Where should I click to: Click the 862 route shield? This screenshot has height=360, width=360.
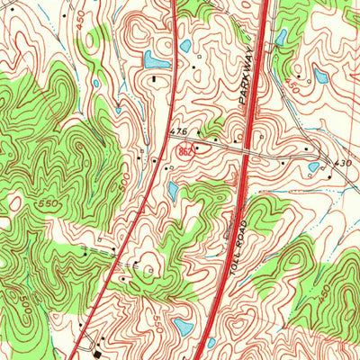coord(184,153)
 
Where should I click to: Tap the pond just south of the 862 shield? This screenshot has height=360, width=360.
coord(174,191)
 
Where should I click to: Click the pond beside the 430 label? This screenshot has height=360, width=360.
coord(313,166)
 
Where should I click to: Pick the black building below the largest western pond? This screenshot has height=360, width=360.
coord(155,80)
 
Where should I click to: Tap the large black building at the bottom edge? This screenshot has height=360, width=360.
coord(96,342)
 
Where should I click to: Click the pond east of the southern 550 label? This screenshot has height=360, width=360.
coord(183,326)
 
